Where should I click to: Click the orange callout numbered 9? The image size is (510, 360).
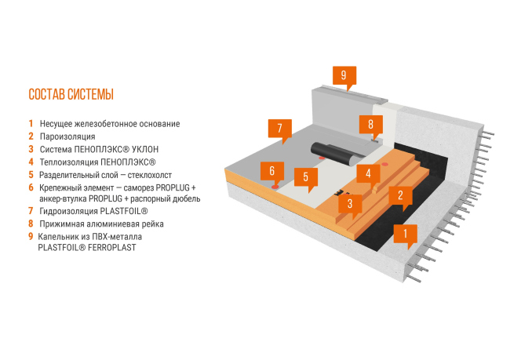pyautogui.click(x=343, y=75)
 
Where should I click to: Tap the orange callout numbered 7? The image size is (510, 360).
pyautogui.click(x=279, y=127)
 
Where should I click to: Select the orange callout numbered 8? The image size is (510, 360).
pyautogui.click(x=370, y=125)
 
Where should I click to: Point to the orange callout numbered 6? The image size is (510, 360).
pyautogui.click(x=271, y=170)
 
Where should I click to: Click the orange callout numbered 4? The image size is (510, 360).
pyautogui.click(x=367, y=172)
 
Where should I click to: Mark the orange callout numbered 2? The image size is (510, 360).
pyautogui.click(x=400, y=195)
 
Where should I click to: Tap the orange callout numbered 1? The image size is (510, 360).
pyautogui.click(x=405, y=232)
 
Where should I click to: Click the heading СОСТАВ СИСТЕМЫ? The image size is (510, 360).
pyautogui.click(x=71, y=95)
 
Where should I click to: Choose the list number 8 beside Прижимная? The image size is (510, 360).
pyautogui.click(x=31, y=224)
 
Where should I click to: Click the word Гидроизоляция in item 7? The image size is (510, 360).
pyautogui.click(x=71, y=211)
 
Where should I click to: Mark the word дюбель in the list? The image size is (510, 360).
pyautogui.click(x=186, y=198)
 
